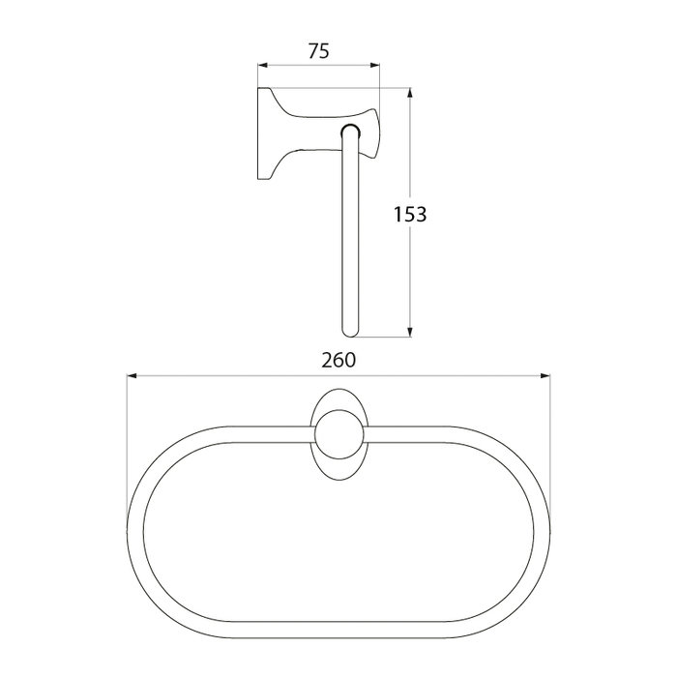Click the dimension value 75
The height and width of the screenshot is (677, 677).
pos(318,51)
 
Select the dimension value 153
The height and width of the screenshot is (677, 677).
pos(410,214)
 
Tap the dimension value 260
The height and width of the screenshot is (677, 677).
pos(338,360)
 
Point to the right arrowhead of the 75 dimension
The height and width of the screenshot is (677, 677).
pos(375,66)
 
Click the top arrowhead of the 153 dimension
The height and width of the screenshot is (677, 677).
pos(410,93)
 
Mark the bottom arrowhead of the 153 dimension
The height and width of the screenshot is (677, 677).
pos(410,332)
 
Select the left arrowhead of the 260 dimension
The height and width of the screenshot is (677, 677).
pos(132,376)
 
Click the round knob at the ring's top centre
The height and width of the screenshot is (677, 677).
pos(339,435)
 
